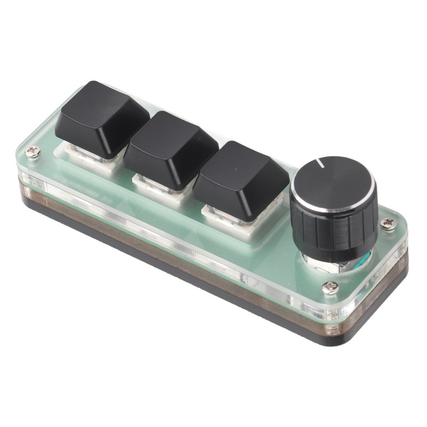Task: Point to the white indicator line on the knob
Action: [x=320, y=162]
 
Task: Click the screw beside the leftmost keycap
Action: [x=34, y=153]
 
